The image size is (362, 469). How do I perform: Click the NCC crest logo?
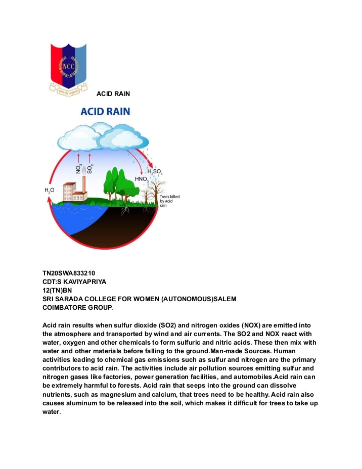click(68, 68)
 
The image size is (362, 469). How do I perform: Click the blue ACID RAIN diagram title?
click(106, 111)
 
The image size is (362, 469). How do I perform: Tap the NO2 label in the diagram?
click(79, 168)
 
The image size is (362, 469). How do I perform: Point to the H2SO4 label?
click(155, 172)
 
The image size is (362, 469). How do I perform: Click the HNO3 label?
click(142, 179)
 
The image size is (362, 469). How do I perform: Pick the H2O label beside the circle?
click(50, 190)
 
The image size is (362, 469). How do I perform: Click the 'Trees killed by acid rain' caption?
click(169, 201)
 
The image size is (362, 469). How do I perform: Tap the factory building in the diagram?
click(73, 191)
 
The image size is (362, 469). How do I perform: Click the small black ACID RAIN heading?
click(113, 93)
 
